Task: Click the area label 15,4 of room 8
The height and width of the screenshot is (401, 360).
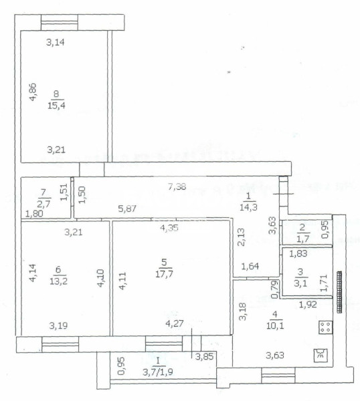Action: click(x=56, y=106)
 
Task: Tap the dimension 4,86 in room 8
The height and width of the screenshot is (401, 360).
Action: click(x=33, y=92)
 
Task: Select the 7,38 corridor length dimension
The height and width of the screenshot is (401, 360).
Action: click(x=177, y=186)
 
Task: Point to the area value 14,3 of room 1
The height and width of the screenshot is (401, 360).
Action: click(x=248, y=207)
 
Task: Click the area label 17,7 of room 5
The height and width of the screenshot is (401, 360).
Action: click(x=164, y=274)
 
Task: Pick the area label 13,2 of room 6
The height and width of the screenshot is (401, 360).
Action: click(x=59, y=281)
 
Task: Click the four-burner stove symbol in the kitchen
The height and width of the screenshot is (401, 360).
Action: click(x=326, y=327)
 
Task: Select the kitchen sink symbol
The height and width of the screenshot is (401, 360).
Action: click(x=321, y=356)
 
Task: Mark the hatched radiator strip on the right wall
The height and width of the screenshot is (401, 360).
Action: click(x=339, y=292)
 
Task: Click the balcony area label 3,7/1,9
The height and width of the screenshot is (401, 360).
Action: click(x=158, y=372)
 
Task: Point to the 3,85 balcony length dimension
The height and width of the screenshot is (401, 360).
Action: click(x=204, y=356)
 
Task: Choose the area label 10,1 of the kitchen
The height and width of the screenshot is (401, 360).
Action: click(x=275, y=326)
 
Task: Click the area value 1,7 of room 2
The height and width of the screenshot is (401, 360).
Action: click(x=303, y=239)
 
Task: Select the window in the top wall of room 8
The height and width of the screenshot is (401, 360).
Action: click(x=60, y=23)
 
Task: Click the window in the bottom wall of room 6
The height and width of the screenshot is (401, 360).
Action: click(x=60, y=344)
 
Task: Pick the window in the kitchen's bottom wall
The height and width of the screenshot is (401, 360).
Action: click(x=278, y=375)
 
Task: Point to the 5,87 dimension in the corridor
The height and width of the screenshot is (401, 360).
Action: click(x=127, y=209)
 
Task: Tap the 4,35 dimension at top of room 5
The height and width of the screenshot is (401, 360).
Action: click(x=169, y=228)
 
